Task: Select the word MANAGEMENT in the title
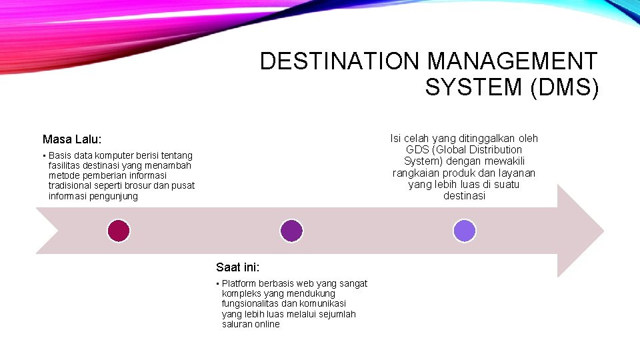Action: click(512, 61)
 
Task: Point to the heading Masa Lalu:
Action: click(72, 139)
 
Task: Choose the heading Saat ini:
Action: click(238, 267)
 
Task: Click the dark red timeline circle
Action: click(118, 231)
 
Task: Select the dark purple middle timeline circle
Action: click(291, 231)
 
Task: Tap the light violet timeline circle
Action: click(464, 231)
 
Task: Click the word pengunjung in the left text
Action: click(115, 196)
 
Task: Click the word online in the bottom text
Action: click(267, 324)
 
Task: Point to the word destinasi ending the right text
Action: click(464, 196)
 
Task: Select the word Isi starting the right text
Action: click(395, 138)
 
